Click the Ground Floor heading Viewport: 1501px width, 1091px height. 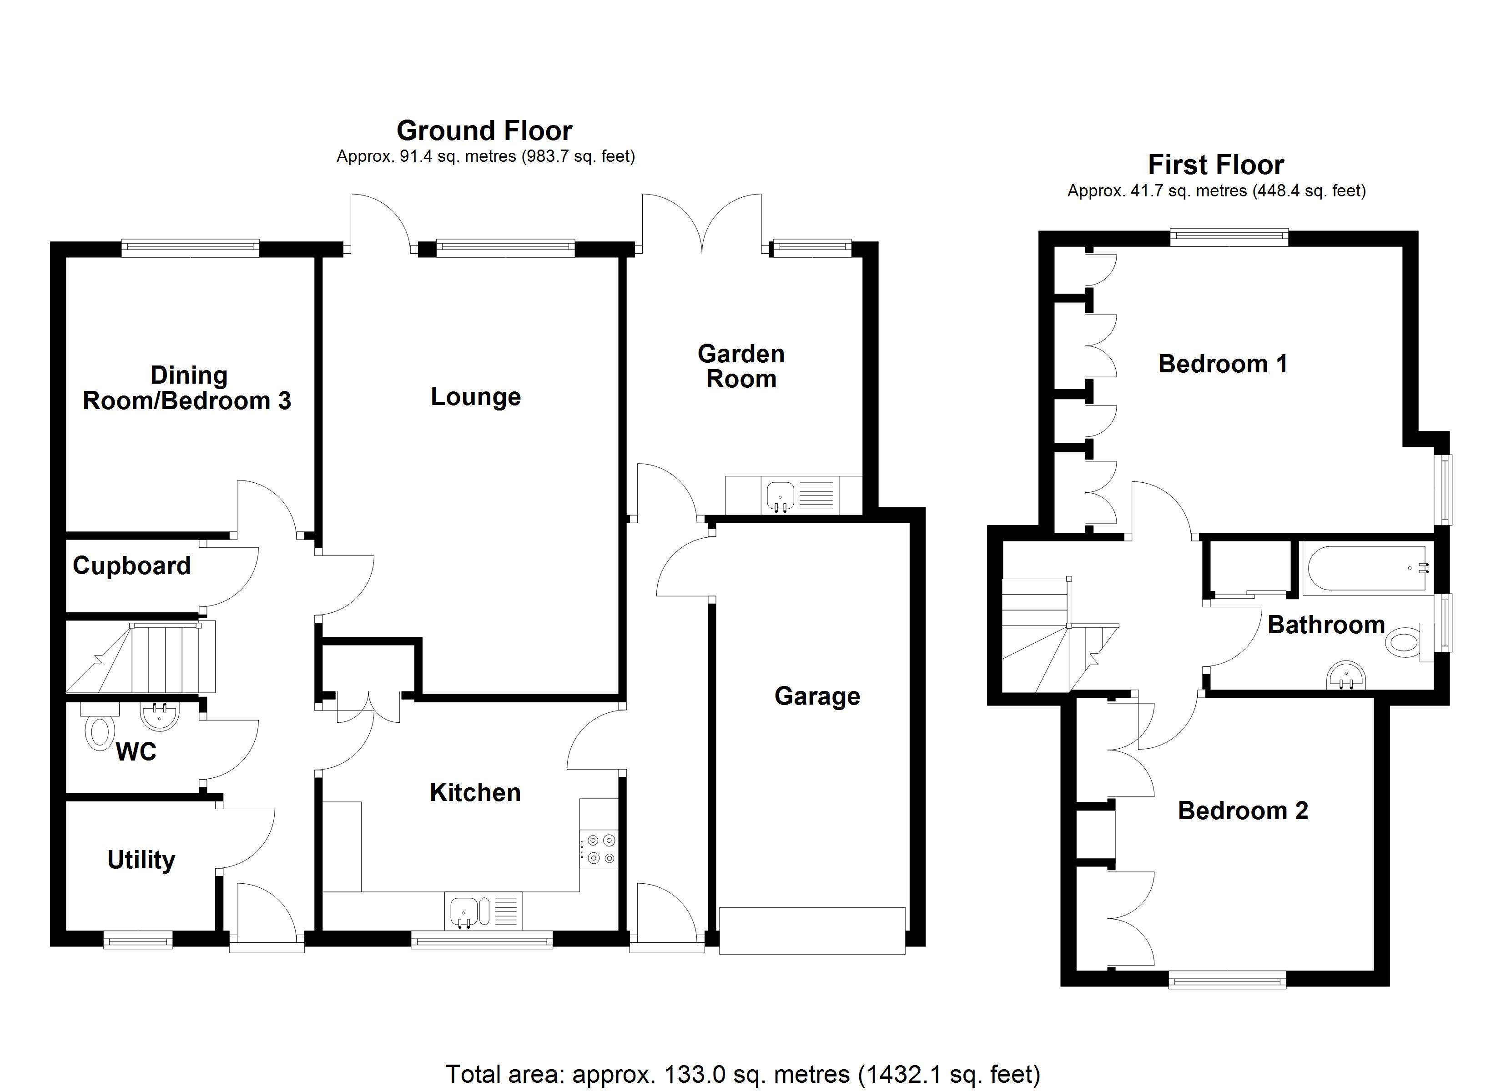(484, 131)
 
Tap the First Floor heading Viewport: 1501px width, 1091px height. (1216, 165)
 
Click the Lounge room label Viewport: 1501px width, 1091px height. (475, 396)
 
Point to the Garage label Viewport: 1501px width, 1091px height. (817, 696)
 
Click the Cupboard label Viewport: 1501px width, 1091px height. (132, 566)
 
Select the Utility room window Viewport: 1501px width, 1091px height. (138, 940)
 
